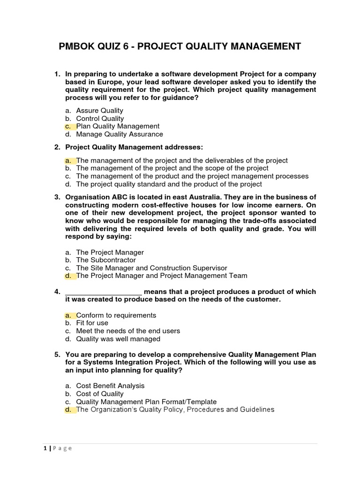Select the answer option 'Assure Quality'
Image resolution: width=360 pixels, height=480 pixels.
tap(99, 111)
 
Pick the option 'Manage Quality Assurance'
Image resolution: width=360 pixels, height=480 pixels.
tap(120, 134)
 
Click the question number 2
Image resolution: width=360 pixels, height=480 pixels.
tap(56, 147)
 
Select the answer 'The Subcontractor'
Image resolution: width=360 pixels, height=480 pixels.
tap(106, 260)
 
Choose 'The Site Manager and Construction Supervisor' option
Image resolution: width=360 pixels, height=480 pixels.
tap(151, 268)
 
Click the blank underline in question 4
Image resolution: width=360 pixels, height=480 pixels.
tap(103, 292)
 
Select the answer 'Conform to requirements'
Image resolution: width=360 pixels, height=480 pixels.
tap(116, 315)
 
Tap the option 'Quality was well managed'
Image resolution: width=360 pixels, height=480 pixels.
tap(118, 338)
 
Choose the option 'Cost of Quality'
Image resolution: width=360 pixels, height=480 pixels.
tap(100, 394)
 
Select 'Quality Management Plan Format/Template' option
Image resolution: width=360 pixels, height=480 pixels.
tap(146, 402)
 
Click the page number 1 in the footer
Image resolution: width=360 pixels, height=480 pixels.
tap(44, 448)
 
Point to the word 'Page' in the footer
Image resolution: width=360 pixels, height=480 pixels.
tap(62, 448)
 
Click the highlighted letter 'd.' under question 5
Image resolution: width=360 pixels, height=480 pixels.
tap(68, 410)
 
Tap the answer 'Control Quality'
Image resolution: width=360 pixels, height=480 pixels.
tap(100, 119)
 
